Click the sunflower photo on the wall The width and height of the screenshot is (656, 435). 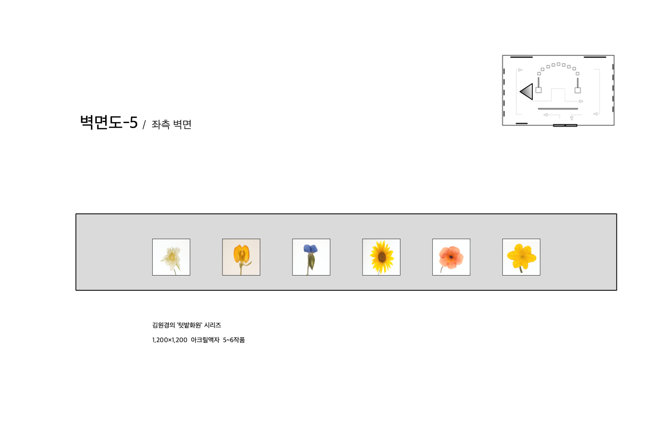381,257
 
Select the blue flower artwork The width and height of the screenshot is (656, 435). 311,257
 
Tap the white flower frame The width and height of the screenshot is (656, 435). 171,257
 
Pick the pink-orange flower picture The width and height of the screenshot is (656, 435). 451,257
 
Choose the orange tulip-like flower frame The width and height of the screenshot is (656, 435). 241,257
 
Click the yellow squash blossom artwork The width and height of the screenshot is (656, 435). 521,257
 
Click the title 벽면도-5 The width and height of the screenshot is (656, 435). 109,122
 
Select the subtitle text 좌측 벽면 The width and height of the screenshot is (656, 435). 171,124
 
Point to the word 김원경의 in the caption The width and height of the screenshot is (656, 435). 163,325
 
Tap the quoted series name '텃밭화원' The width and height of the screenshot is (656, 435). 190,325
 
